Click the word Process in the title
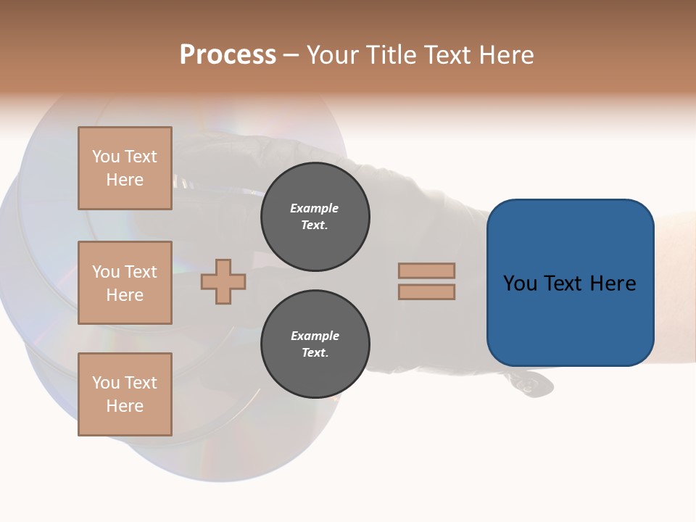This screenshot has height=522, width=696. (228, 55)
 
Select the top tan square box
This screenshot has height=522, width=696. (125, 168)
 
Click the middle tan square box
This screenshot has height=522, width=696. (125, 283)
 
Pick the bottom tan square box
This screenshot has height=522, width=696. (125, 394)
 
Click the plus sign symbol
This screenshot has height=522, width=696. (223, 281)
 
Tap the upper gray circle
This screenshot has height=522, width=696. (315, 217)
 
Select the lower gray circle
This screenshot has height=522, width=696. (315, 344)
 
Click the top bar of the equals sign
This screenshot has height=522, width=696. (427, 270)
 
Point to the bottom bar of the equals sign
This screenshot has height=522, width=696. (427, 291)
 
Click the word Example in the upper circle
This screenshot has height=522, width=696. (315, 208)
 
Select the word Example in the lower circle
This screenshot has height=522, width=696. (315, 336)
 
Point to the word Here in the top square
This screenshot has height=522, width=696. (125, 180)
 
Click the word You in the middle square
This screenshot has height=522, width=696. (105, 272)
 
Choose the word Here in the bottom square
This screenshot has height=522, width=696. (125, 406)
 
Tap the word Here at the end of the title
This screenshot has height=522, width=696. (508, 55)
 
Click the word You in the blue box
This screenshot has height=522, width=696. (519, 283)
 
